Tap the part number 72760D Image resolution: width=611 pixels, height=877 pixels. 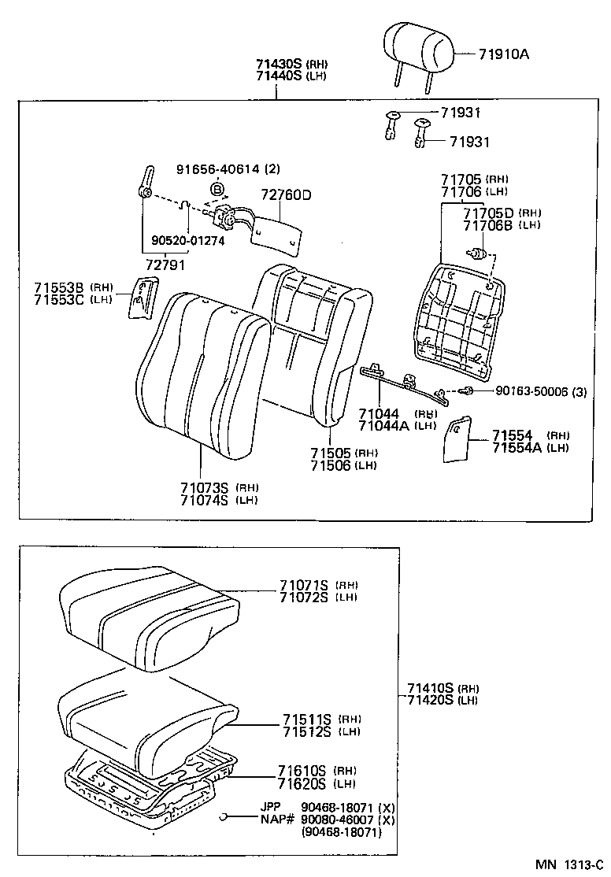click(287, 194)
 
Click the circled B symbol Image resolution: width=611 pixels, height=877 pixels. click(217, 189)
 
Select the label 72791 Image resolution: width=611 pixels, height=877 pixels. click(165, 265)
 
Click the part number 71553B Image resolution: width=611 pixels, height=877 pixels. click(61, 287)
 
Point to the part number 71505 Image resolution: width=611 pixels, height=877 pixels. click(331, 453)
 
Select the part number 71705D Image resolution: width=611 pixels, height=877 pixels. click(487, 213)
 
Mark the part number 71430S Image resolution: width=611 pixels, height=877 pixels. click(279, 64)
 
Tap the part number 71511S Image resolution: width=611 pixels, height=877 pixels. click(308, 720)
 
